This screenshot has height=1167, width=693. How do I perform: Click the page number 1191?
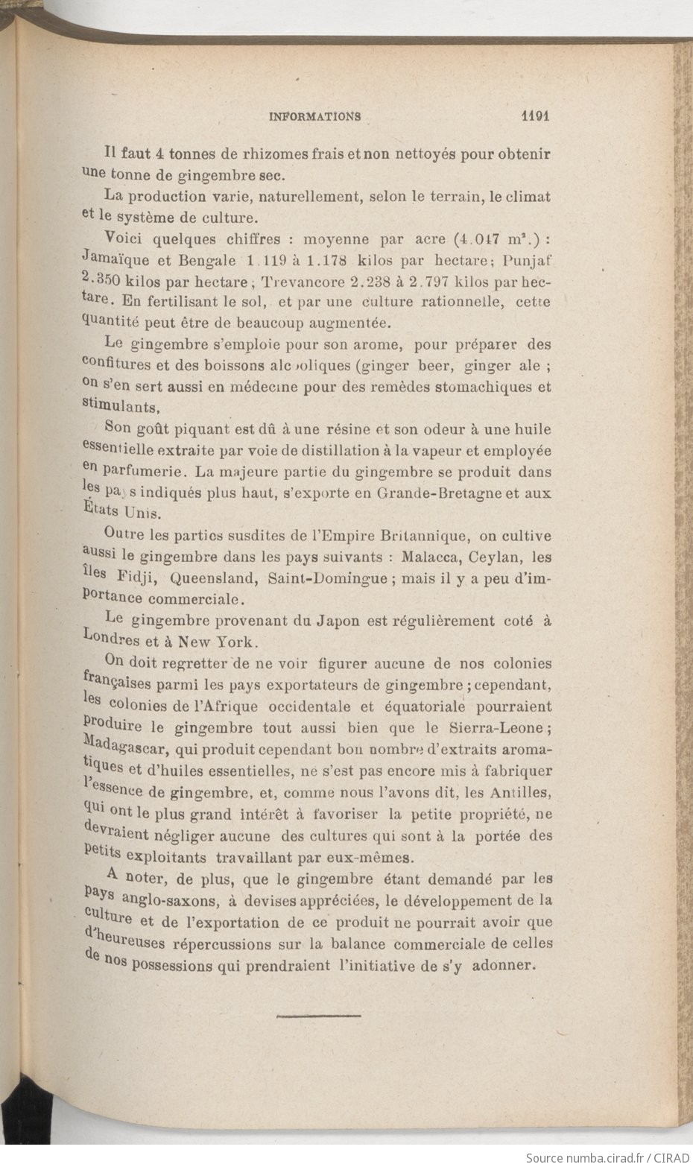pos(535,116)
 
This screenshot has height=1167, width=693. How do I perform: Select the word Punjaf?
pos(528,262)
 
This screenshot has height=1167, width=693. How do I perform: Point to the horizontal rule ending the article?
pos(318,1015)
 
